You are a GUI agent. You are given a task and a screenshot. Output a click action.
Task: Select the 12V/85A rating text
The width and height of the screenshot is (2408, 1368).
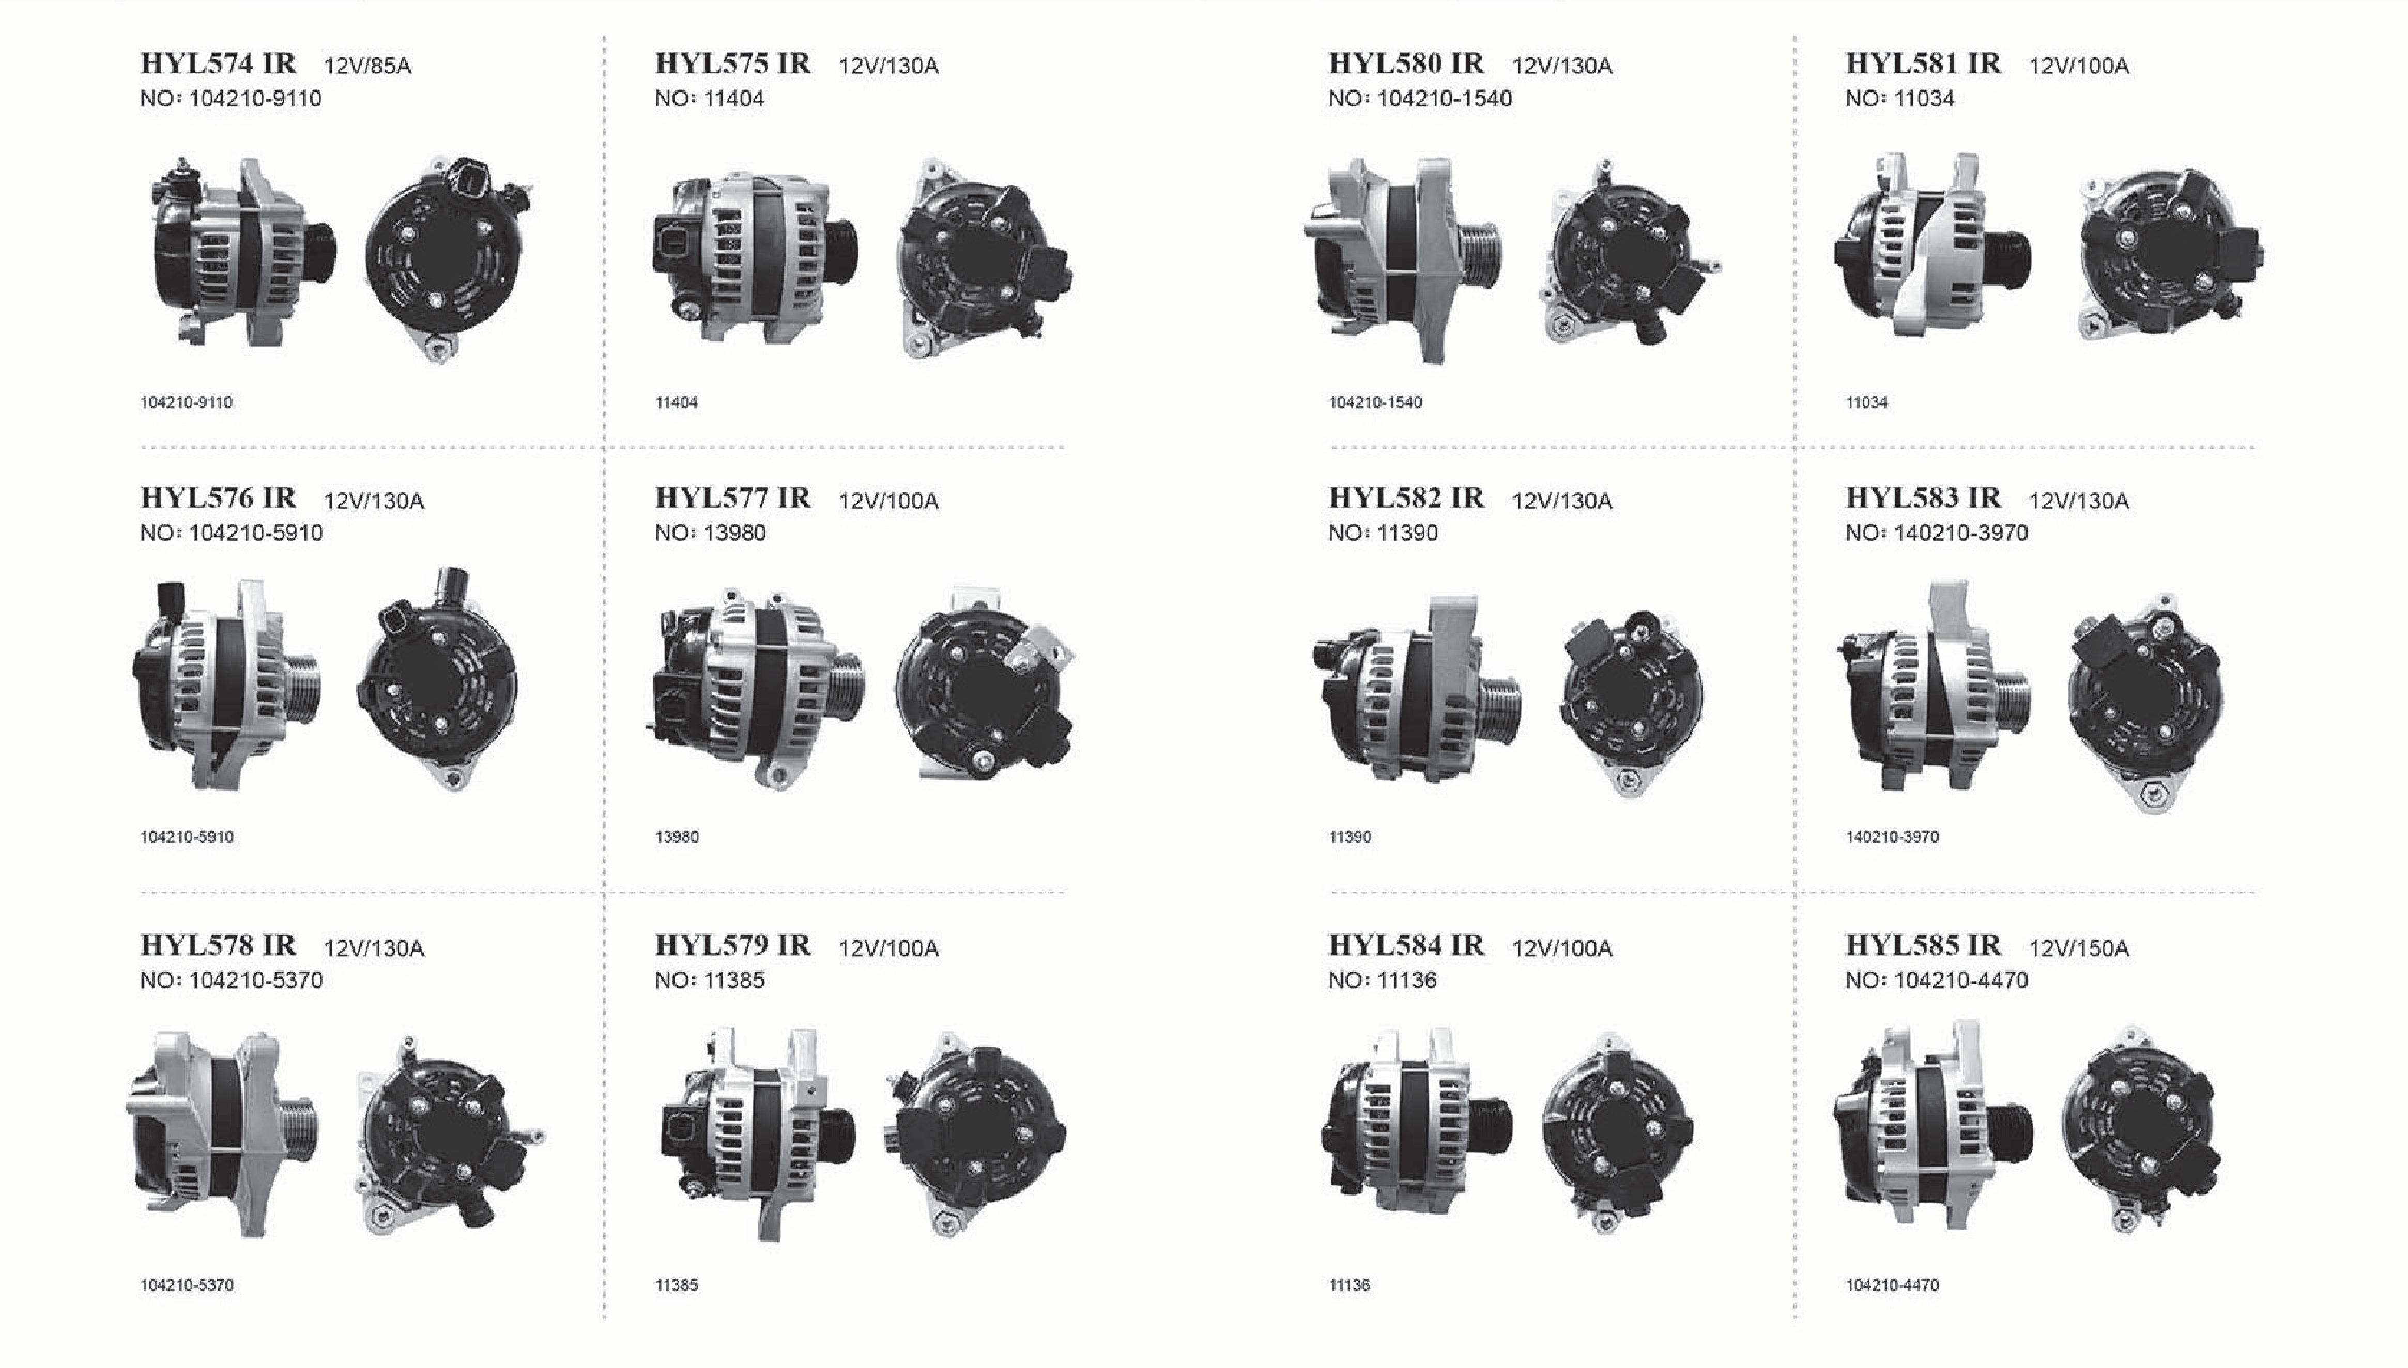pos(367,66)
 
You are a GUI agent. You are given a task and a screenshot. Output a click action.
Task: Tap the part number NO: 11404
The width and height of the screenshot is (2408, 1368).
pos(710,99)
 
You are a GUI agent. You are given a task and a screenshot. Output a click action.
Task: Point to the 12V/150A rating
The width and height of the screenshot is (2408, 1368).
pos(2079,949)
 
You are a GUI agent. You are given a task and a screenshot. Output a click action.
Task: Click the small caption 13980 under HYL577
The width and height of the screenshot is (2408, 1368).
pos(677,837)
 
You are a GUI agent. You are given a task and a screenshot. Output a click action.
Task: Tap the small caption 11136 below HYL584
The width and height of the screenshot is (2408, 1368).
pos(1349,1285)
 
